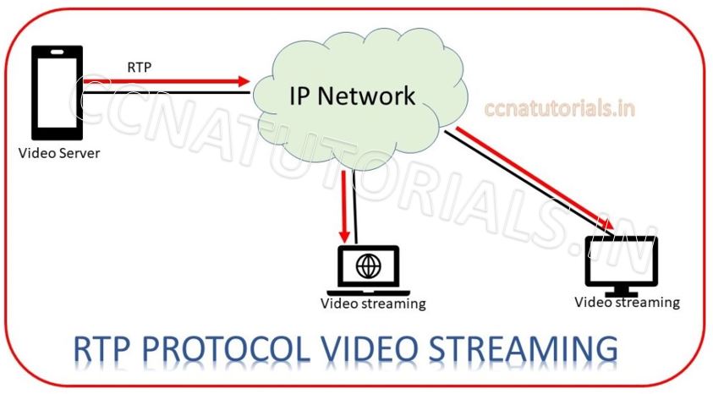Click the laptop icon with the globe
pyautogui.click(x=368, y=270)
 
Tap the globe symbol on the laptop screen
pyautogui.click(x=369, y=265)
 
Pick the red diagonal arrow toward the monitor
pyautogui.click(x=533, y=178)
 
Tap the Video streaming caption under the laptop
pyautogui.click(x=373, y=304)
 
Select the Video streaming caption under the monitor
pyautogui.click(x=627, y=302)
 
